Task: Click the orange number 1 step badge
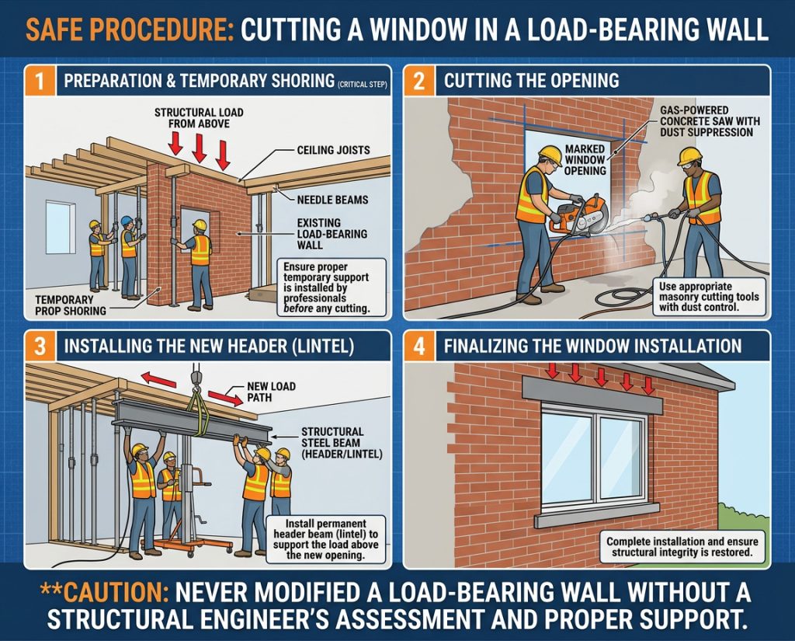pos(40,81)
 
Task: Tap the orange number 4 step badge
pos(419,346)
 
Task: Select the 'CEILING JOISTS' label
pos(333,150)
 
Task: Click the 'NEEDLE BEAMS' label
pos(332,200)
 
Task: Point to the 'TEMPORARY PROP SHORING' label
pos(71,305)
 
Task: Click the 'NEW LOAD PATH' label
pos(271,392)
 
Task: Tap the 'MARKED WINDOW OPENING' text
pos(585,159)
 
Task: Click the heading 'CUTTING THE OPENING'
pos(531,81)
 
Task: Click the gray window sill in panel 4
pos(597,514)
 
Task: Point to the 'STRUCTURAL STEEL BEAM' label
pos(342,443)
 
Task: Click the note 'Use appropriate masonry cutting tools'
pos(709,297)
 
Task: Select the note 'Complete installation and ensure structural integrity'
pos(682,547)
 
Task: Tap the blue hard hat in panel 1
pos(127,221)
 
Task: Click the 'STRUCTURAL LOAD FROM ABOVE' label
pos(199,118)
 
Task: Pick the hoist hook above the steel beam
pos(196,378)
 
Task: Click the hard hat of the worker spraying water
pos(689,155)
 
